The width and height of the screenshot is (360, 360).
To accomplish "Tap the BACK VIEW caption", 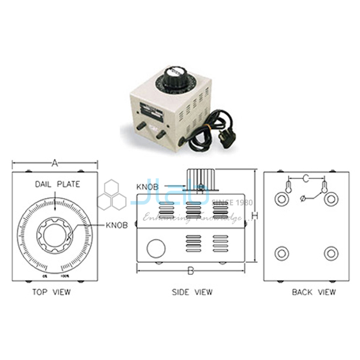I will [x=313, y=292].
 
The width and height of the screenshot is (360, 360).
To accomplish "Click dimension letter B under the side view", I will [x=191, y=271].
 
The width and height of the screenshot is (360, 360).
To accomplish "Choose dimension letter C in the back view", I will [x=306, y=178].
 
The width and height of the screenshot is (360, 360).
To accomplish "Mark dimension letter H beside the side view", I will [x=254, y=216].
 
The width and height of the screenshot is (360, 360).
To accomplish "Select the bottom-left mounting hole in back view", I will [x=281, y=253].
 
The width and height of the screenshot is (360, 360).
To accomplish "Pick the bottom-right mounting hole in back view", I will [x=331, y=253].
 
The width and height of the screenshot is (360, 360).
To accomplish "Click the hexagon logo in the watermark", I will [x=111, y=195].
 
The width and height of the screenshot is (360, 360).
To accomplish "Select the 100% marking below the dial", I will [x=65, y=276].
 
